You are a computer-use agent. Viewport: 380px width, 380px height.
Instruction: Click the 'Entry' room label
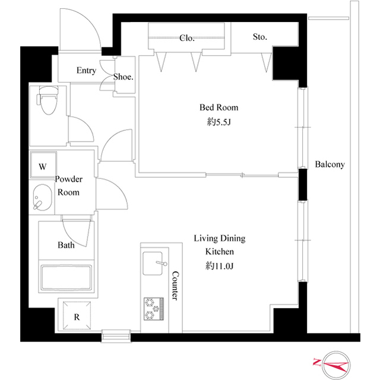click(86, 71)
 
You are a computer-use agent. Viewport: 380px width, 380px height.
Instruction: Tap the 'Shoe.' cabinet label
click(123, 77)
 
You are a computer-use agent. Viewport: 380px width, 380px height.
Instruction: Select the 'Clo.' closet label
click(187, 38)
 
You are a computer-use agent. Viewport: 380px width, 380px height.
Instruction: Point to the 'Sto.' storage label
click(260, 37)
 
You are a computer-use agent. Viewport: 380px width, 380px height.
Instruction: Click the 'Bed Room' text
click(218, 108)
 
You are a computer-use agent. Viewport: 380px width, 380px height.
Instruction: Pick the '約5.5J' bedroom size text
click(218, 122)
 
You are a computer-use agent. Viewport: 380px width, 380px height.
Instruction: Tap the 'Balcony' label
click(330, 165)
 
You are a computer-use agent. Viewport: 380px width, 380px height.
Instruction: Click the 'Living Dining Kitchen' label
click(219, 245)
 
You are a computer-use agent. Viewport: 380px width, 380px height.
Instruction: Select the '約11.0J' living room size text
click(219, 266)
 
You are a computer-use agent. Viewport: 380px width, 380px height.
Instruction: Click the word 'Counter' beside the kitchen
click(175, 286)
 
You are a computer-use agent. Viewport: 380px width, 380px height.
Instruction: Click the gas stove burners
click(153, 306)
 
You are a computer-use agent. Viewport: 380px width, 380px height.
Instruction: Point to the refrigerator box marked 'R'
click(76, 317)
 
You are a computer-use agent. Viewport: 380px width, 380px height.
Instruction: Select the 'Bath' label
click(66, 245)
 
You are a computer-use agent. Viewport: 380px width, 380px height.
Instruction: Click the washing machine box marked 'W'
click(43, 167)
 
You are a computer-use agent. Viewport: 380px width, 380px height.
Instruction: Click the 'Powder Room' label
click(68, 186)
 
